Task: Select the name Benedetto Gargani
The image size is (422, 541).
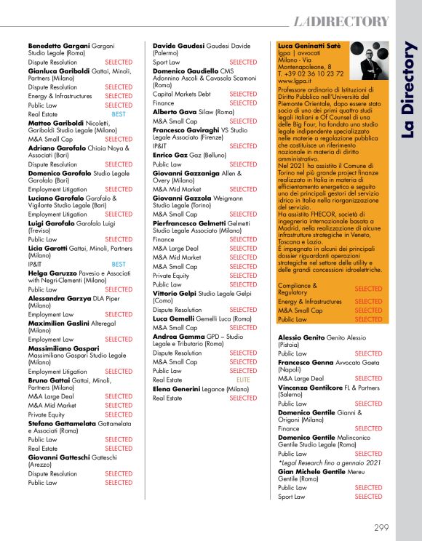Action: click(x=57, y=45)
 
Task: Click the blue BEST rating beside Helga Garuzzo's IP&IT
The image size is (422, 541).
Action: click(x=119, y=265)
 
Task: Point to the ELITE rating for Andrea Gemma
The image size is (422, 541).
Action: click(x=243, y=380)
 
